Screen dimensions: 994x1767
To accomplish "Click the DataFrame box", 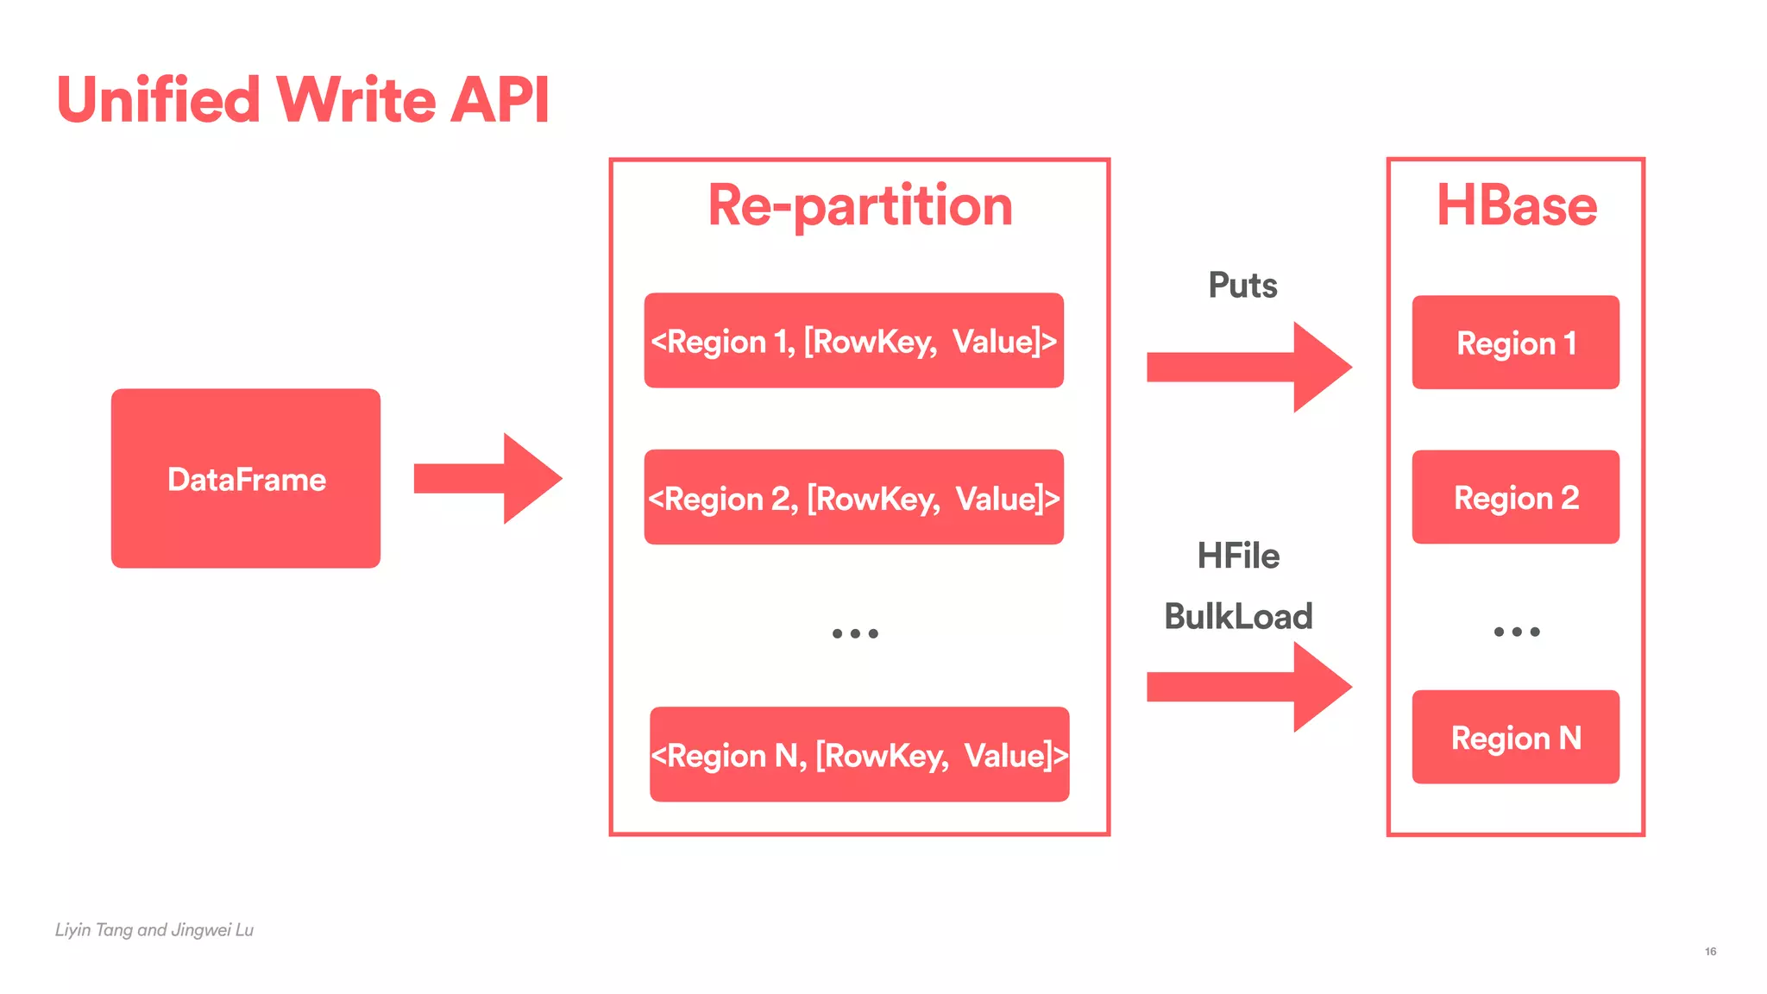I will tap(246, 478).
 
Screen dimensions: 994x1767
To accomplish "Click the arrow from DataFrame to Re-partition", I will tap(487, 478).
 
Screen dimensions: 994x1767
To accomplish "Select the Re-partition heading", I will tap(860, 206).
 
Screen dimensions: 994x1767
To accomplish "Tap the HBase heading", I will tap(1516, 206).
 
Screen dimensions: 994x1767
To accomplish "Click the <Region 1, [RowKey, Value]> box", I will tap(853, 341).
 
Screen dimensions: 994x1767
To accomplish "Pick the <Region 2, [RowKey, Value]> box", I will tap(853, 497).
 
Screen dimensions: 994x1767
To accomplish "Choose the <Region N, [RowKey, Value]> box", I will tap(859, 754).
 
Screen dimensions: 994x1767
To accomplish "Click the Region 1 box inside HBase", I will tap(1515, 343).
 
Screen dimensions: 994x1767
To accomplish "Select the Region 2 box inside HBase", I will tap(1515, 497).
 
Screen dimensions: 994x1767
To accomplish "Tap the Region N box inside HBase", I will tap(1515, 737).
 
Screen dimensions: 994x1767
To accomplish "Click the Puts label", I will tap(1242, 286).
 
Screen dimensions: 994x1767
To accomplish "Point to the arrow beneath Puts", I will tap(1248, 367).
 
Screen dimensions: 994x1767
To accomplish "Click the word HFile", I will tap(1238, 556).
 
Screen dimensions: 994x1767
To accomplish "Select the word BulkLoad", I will tap(1238, 616).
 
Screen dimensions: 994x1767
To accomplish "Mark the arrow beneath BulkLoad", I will tap(1248, 687).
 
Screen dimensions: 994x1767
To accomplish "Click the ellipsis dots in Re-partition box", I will tap(855, 633).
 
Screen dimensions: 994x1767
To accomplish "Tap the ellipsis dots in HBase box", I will tap(1516, 632).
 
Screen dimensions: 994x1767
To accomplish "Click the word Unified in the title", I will tap(158, 100).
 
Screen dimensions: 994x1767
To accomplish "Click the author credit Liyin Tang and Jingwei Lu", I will tap(154, 930).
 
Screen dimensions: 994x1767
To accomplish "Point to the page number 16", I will tap(1710, 952).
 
